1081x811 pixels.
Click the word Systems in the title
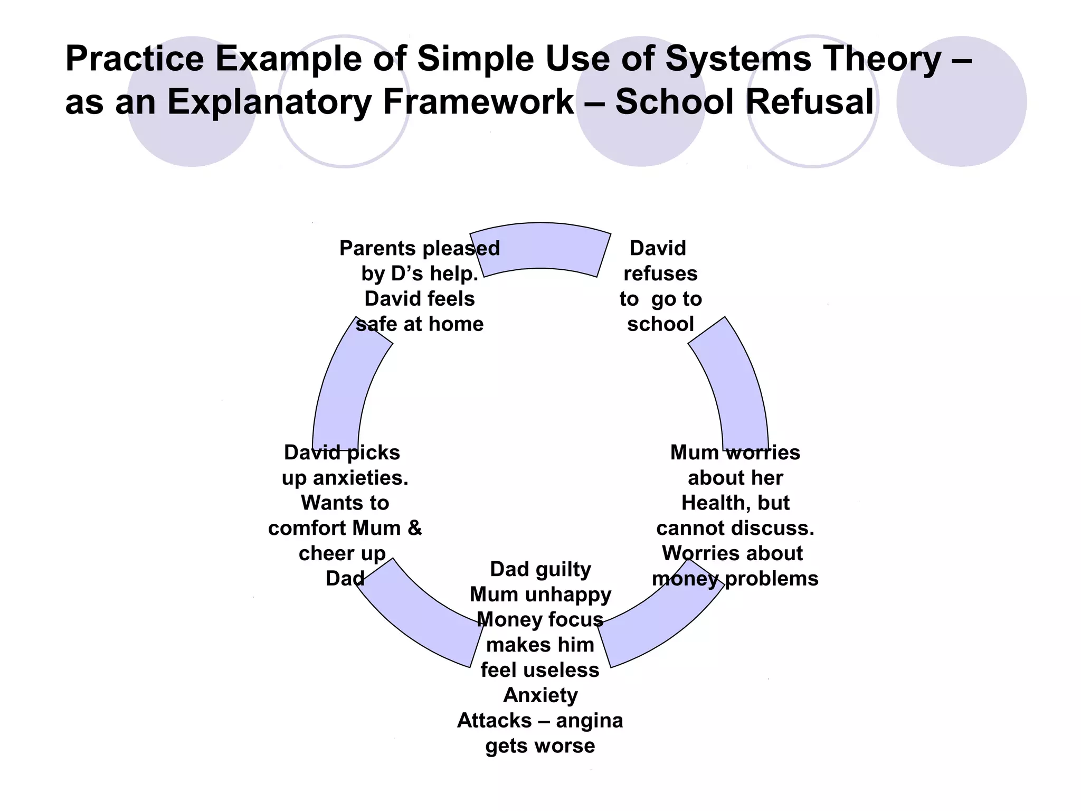[737, 59]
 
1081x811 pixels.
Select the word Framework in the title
[478, 101]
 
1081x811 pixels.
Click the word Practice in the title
[134, 59]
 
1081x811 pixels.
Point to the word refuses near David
[660, 274]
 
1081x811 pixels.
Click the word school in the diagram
[660, 324]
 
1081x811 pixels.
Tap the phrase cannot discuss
[735, 528]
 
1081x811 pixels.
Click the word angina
[590, 721]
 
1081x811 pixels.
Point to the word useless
[569, 670]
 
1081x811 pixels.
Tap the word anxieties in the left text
[361, 478]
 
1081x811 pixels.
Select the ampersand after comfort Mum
[415, 528]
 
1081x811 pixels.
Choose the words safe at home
[420, 324]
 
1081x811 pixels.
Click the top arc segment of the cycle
[540, 248]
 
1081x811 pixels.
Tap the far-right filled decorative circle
[961, 101]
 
